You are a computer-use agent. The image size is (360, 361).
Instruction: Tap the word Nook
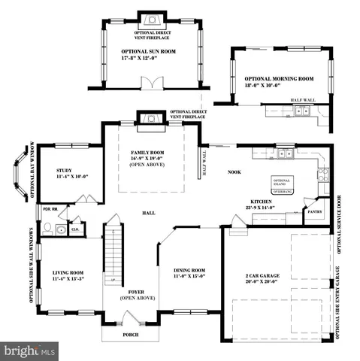pos(234,172)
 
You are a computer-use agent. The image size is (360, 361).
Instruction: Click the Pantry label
pos(316,213)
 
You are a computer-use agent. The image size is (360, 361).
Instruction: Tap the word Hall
pos(149,213)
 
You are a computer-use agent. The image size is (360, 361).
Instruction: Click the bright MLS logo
pos(30,350)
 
